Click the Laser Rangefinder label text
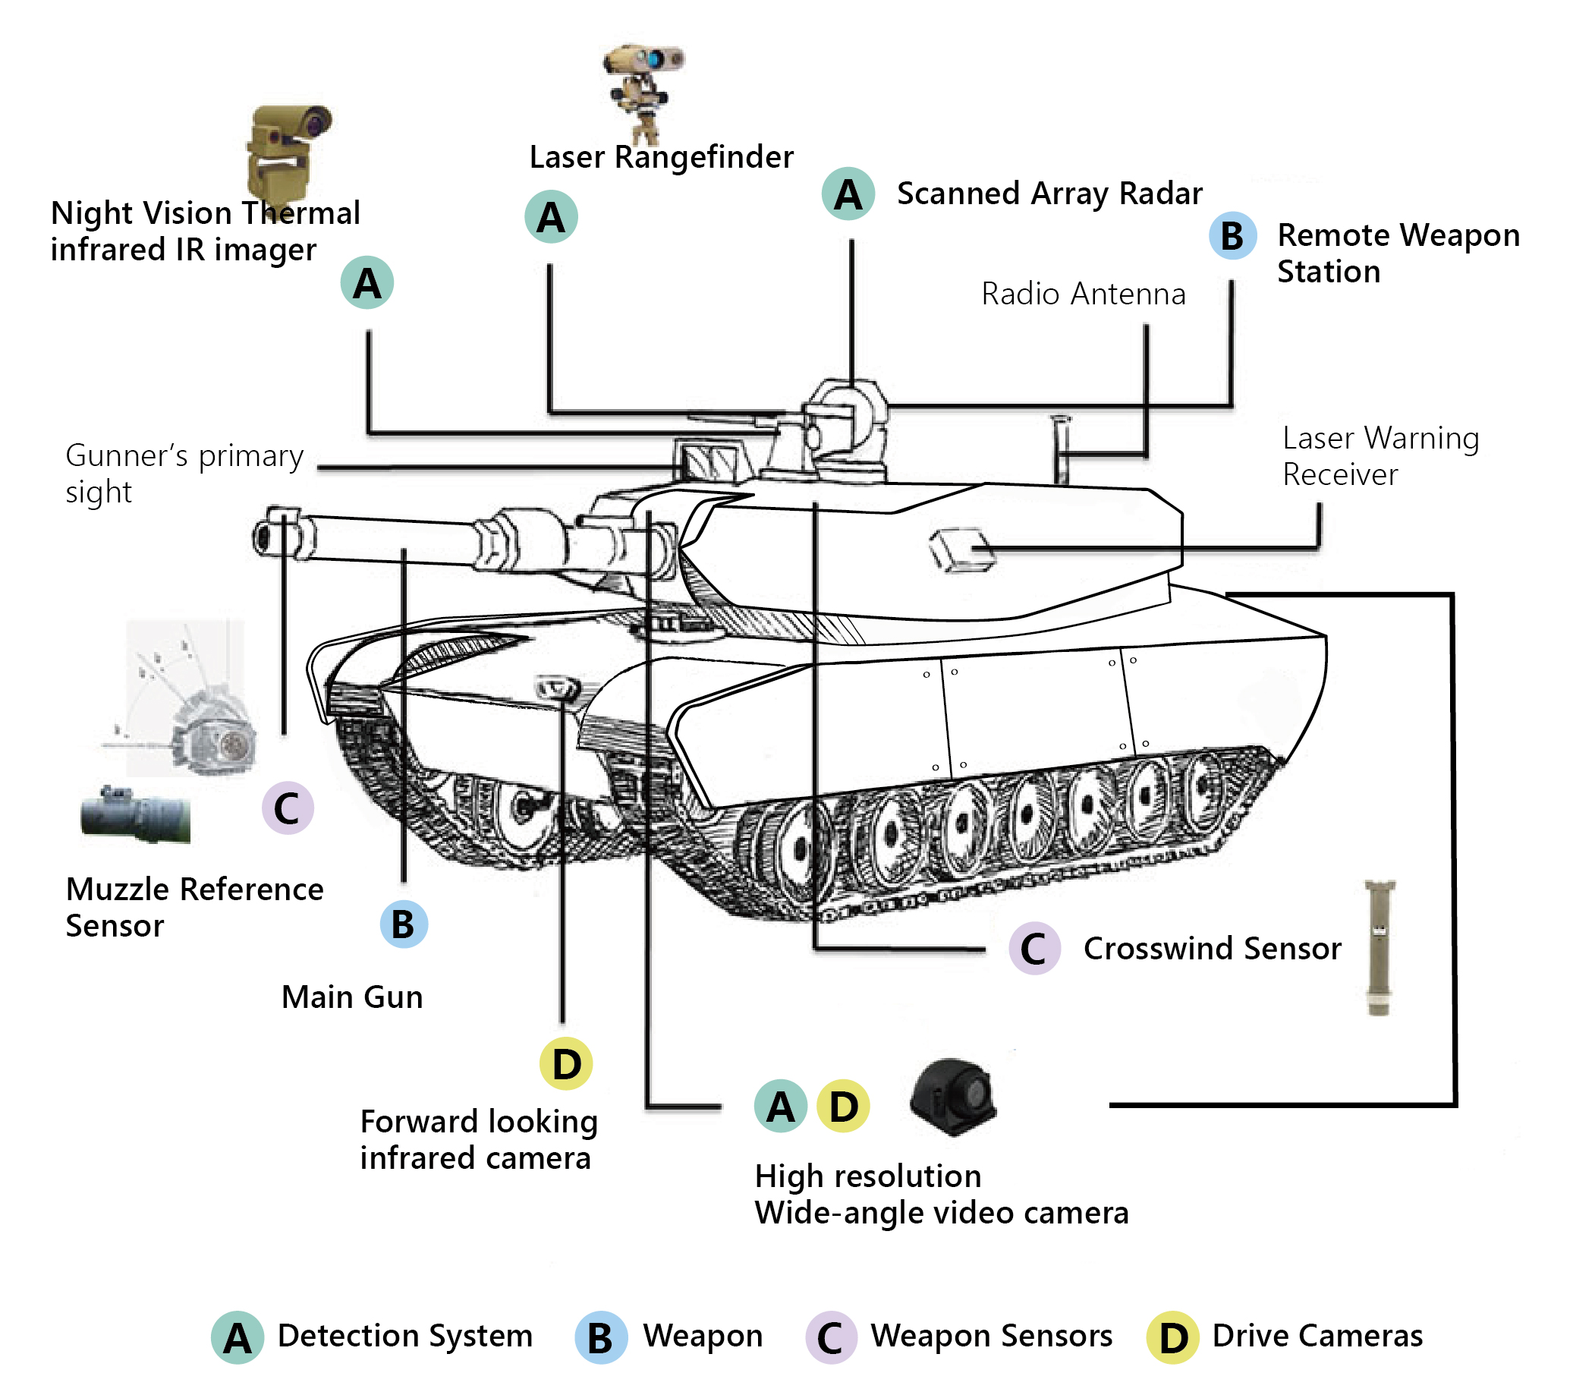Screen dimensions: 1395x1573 coord(661,157)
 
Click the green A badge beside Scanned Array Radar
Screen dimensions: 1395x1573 coord(848,194)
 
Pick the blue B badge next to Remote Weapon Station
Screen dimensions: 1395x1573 coord(1232,235)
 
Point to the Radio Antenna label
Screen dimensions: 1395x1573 coord(1083,294)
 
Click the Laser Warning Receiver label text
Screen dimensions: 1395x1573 coord(1380,455)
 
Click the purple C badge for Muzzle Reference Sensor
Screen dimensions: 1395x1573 coord(287,808)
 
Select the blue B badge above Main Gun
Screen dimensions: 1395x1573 coord(403,924)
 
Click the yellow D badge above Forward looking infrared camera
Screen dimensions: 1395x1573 coord(565,1064)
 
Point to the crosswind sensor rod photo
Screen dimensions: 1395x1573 coord(1379,948)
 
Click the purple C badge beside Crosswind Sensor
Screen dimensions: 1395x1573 coord(1034,949)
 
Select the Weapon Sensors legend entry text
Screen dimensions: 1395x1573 coord(991,1337)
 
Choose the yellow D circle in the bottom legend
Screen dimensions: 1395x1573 coord(1172,1338)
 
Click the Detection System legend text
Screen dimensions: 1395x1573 coord(404,1337)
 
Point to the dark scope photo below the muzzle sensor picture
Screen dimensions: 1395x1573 coord(135,816)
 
